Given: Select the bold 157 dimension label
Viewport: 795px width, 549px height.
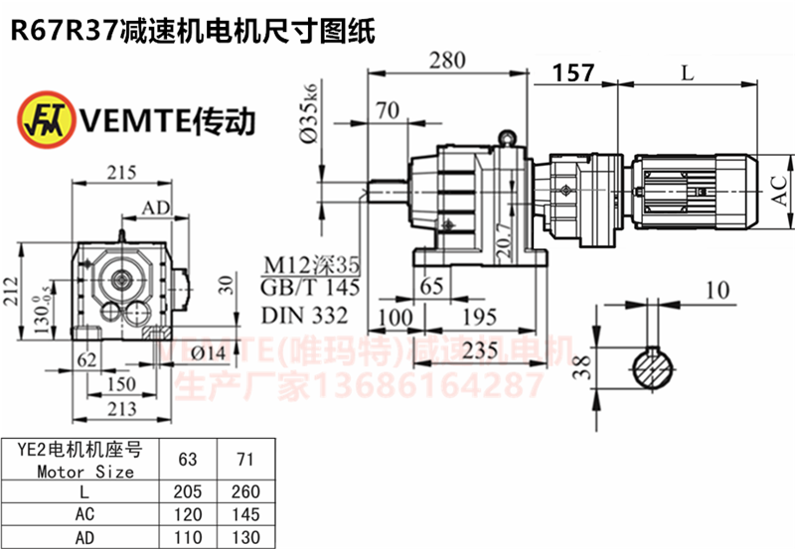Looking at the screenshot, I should coord(573,72).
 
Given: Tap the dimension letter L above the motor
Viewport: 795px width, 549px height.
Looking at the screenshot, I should coord(687,72).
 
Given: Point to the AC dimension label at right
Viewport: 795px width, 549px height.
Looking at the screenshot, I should coord(783,186).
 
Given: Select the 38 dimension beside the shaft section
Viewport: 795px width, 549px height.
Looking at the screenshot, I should coord(589,368).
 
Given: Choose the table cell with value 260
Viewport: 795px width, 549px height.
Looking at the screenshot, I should coord(243,492).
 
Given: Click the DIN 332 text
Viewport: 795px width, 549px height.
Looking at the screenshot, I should coord(305,316).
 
